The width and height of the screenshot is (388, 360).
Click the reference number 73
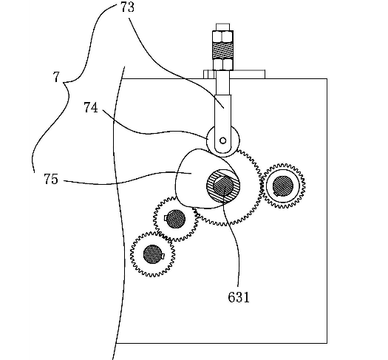127,7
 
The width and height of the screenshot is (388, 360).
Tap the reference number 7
56,77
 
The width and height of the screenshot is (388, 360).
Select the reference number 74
91,108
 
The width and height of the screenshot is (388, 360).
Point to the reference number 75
51,179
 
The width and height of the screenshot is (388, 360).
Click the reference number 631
239,297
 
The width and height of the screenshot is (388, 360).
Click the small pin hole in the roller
223,140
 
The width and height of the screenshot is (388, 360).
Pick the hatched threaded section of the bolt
222,50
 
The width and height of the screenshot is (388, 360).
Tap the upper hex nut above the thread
222,36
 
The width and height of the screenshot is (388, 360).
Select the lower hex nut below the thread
223,64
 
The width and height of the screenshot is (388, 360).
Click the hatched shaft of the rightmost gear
283,186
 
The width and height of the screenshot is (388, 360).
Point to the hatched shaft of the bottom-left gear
153,254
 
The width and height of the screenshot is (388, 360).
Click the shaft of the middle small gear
175,219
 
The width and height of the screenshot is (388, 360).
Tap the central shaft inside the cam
223,186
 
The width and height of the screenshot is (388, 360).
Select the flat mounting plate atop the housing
234,74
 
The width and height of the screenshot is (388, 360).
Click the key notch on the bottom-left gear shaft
163,255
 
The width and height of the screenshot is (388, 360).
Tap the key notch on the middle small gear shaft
166,217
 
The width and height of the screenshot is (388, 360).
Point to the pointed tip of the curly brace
64,83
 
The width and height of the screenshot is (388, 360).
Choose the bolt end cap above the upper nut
222,27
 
